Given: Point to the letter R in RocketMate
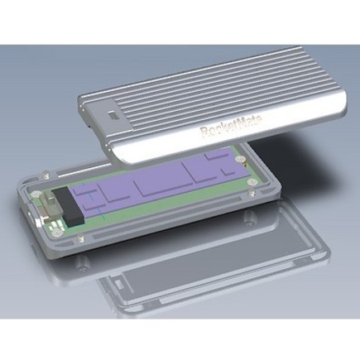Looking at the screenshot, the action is click(204, 132).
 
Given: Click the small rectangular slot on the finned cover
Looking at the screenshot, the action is click(113, 115).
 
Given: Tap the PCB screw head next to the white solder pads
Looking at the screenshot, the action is click(56, 233).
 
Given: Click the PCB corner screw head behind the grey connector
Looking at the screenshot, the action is click(35, 194).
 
